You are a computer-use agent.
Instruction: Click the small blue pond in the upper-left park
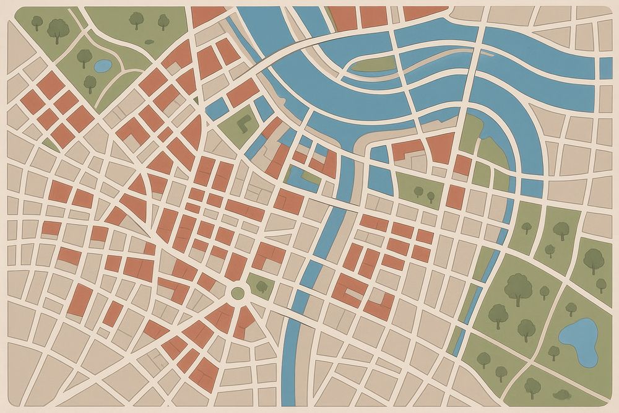coord(102,64)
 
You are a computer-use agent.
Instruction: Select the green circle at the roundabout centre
coord(238,292)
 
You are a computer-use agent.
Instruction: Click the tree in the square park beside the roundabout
coord(262,286)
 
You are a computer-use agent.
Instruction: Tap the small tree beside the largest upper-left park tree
coord(37,23)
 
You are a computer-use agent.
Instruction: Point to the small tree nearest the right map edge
coord(600,284)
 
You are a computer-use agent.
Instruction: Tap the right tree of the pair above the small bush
coord(163,22)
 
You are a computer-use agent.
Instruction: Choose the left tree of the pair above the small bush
coord(136,19)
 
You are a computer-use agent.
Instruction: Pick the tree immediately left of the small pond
coord(84,57)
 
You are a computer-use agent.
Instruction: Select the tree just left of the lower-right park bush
coord(532,386)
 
